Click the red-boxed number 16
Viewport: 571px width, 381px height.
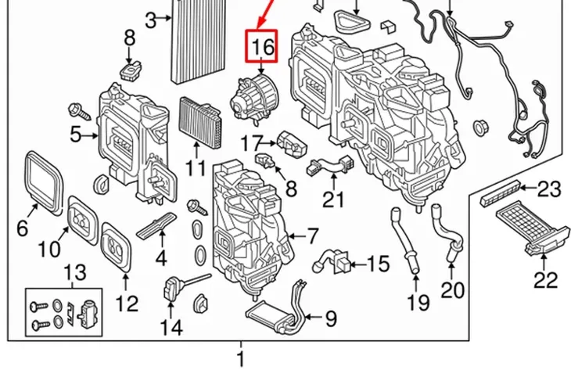261,47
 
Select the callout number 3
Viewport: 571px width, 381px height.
151,20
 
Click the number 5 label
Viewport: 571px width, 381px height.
75,135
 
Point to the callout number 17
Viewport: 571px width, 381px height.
252,143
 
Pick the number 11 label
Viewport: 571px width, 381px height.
196,167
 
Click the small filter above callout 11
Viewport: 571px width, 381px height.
201,122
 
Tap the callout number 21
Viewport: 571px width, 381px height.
333,199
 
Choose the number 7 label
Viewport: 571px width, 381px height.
313,235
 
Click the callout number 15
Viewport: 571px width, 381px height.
379,264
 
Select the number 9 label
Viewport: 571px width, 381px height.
330,318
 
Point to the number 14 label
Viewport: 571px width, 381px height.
171,328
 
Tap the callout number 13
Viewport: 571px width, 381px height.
75,272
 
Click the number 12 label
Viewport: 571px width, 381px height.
127,304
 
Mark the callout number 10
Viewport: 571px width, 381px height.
49,250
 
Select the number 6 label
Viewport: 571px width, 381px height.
22,228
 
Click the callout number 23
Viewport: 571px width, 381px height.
549,189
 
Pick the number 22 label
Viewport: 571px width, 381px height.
545,280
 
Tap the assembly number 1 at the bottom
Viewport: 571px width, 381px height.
241,359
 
